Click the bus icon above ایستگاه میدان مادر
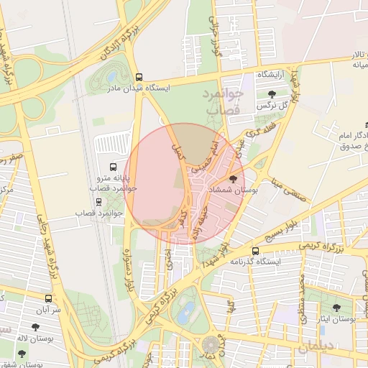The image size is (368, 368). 139,77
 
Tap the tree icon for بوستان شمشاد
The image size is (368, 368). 233,179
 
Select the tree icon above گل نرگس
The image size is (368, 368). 271,94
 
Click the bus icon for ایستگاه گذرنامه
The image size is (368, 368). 256,251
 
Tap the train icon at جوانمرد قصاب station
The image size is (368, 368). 98,203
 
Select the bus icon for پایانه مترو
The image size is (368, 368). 111,166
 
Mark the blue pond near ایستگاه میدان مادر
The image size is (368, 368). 111,75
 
